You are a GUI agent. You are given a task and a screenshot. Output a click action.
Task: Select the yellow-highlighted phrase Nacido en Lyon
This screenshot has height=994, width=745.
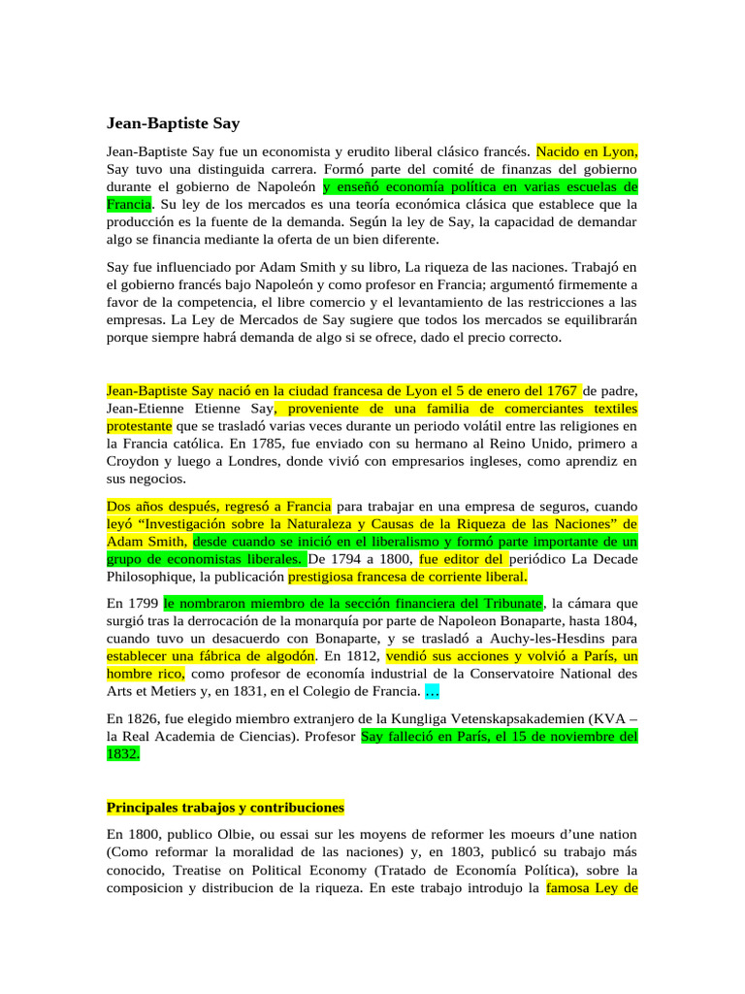click(x=587, y=152)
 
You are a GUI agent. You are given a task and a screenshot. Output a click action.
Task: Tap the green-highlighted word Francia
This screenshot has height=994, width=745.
click(x=129, y=205)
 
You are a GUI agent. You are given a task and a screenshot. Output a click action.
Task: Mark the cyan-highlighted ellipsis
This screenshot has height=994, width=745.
click(x=433, y=691)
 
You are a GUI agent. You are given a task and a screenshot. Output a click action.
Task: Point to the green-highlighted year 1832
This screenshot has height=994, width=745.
click(x=122, y=753)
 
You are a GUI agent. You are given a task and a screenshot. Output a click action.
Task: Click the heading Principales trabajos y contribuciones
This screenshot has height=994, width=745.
click(x=225, y=808)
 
